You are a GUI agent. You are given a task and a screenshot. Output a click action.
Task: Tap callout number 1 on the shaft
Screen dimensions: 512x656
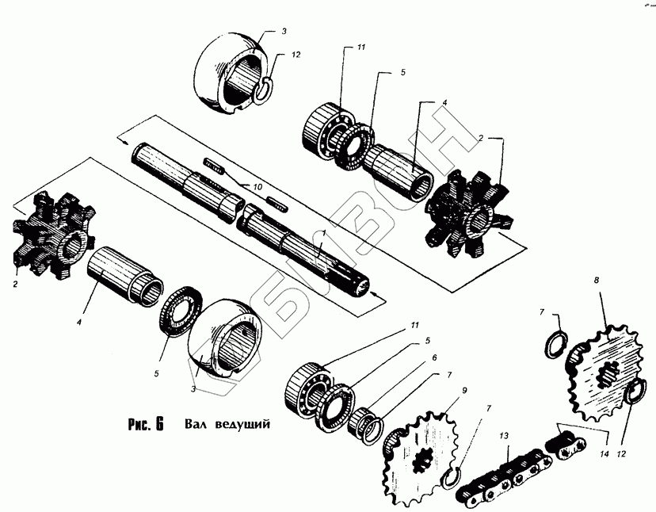324,235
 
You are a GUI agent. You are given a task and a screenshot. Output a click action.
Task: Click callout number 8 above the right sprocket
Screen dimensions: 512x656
596,280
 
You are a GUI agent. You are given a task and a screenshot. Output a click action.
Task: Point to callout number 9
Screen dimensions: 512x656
465,390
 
